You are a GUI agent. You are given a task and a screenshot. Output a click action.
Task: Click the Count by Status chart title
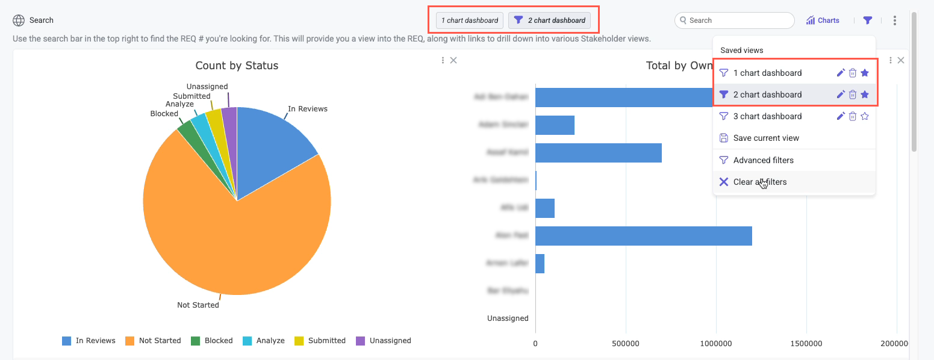(237, 66)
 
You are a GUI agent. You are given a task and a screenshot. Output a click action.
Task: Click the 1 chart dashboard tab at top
(470, 20)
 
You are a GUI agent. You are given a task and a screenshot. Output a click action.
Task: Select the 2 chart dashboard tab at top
(549, 20)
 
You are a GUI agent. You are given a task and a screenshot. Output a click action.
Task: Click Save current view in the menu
(766, 138)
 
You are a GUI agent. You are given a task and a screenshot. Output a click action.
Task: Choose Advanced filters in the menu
(763, 160)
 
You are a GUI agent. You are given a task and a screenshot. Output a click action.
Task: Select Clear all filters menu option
(759, 182)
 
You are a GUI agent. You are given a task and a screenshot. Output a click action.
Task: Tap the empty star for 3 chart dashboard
(865, 116)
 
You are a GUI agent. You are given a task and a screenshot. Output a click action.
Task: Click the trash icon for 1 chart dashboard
(853, 73)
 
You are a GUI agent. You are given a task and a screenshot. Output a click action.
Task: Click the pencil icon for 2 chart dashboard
(841, 95)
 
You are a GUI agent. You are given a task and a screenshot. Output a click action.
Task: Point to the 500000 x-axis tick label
(626, 344)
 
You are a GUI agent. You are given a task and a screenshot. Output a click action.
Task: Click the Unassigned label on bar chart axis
(508, 318)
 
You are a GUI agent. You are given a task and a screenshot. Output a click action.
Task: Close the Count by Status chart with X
(453, 60)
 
